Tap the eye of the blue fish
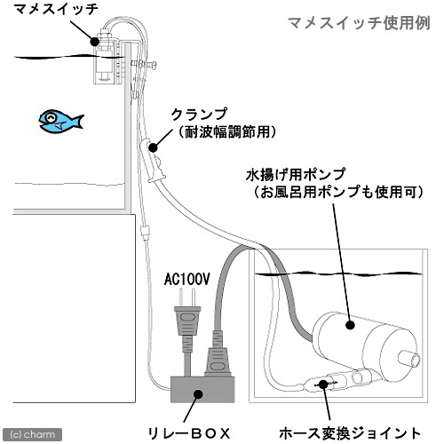pos(52,117)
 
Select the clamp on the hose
pos(156,159)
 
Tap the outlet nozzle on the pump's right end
pos(408,359)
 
